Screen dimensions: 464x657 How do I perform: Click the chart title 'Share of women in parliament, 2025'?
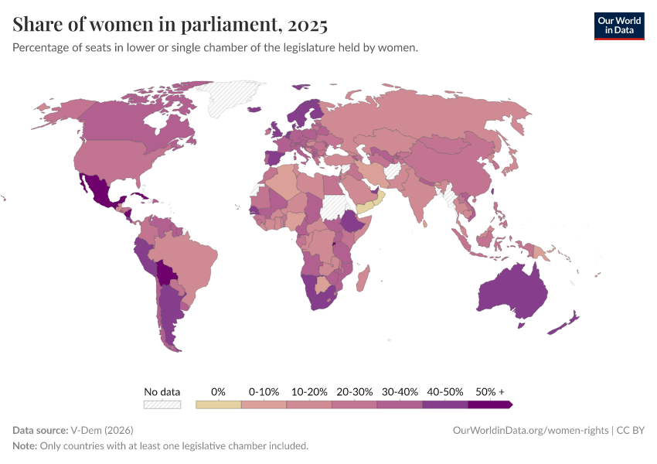pyautogui.click(x=170, y=25)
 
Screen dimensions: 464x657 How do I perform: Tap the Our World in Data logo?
pyautogui.click(x=618, y=26)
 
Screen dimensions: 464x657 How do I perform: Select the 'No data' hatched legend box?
pyautogui.click(x=162, y=404)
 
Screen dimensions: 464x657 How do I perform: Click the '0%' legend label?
pyautogui.click(x=218, y=391)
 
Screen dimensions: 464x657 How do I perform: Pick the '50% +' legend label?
pyautogui.click(x=490, y=391)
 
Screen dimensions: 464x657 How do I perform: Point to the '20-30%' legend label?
pyautogui.click(x=354, y=391)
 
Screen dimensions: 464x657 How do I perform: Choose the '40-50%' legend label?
pyautogui.click(x=444, y=391)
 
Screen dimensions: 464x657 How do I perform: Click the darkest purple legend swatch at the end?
pyautogui.click(x=489, y=404)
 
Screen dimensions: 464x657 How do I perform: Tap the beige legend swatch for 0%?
pyautogui.click(x=219, y=404)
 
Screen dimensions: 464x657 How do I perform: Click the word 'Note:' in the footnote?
pyautogui.click(x=26, y=445)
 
